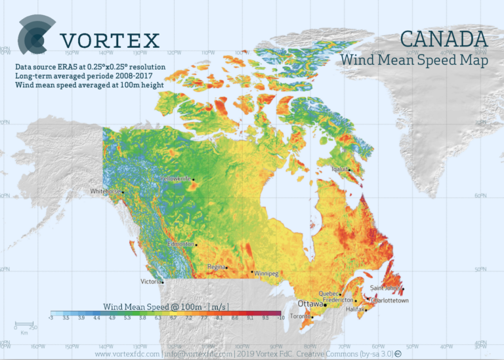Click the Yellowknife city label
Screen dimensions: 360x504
175,178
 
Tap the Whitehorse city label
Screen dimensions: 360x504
105,191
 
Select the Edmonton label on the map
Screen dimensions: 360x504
180,244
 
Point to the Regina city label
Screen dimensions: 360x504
216,267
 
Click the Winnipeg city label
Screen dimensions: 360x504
266,273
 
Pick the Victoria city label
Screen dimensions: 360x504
151,281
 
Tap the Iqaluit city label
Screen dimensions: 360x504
339,169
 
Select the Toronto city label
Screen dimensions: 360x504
301,317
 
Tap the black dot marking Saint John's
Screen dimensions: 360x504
403,289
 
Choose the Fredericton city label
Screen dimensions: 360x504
337,300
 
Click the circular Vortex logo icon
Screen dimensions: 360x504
33,36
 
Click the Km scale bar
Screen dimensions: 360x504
24,324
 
